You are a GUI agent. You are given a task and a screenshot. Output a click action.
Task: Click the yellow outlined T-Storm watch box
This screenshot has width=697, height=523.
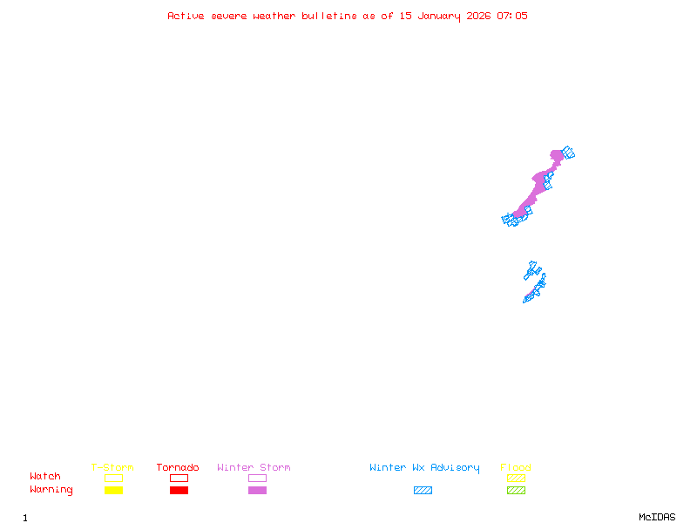113,478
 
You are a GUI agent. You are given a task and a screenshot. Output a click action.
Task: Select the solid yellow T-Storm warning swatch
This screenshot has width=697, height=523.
113,490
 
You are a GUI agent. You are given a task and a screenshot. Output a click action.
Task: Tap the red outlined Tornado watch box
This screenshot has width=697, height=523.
179,478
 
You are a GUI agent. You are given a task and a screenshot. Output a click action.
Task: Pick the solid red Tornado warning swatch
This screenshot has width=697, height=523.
179,490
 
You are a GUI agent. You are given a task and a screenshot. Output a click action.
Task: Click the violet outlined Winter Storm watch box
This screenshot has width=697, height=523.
257,478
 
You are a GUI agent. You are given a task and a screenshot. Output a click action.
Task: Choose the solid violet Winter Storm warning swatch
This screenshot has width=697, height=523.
257,490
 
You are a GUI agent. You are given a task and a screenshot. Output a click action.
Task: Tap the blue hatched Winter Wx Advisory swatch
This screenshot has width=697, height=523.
423,490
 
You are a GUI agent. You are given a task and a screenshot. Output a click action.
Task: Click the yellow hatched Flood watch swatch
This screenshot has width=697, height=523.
516,478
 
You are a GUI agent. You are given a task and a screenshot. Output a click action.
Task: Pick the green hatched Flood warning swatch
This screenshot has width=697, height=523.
516,490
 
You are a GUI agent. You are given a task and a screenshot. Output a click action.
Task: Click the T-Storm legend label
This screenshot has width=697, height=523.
112,467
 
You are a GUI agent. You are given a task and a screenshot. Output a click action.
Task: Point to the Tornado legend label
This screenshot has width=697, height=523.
178,467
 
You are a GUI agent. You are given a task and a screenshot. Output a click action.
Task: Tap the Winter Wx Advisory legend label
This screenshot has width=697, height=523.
424,467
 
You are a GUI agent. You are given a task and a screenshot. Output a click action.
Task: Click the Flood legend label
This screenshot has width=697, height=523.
516,467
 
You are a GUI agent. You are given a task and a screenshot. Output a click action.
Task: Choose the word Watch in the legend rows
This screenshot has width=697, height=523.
45,477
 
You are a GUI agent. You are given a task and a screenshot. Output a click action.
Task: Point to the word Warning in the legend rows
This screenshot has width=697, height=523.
51,490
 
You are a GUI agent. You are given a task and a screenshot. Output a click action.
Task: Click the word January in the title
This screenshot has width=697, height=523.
439,16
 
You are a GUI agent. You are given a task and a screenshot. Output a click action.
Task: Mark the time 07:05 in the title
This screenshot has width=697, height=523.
512,16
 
